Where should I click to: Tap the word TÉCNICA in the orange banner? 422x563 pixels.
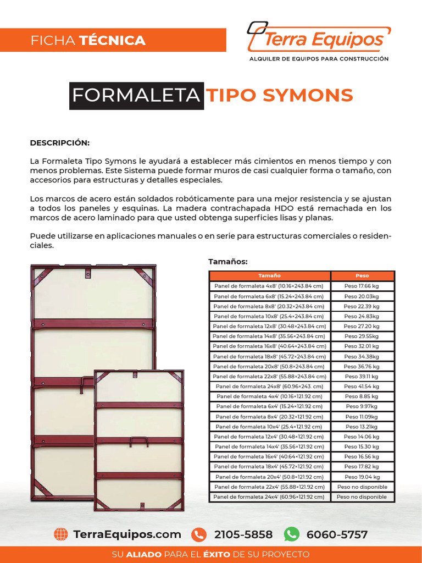pyautogui.click(x=113, y=40)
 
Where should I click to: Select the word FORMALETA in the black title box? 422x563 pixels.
pyautogui.click(x=136, y=96)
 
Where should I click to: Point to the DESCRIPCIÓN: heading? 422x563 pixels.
pyautogui.click(x=59, y=143)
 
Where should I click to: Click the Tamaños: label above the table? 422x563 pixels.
pyautogui.click(x=228, y=261)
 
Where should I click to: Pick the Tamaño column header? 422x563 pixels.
pyautogui.click(x=269, y=275)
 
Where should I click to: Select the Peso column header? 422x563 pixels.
pyautogui.click(x=362, y=275)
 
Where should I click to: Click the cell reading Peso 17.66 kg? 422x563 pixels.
pyautogui.click(x=362, y=286)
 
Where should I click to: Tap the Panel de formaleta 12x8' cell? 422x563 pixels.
pyautogui.click(x=269, y=326)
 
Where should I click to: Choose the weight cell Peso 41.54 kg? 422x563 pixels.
pyautogui.click(x=362, y=387)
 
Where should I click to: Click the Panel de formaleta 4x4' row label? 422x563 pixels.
pyautogui.click(x=269, y=396)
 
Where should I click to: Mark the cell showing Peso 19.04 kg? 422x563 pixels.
pyautogui.click(x=362, y=477)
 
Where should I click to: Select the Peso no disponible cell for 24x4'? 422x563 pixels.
pyautogui.click(x=362, y=497)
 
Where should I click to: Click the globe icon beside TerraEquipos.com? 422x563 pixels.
pyautogui.click(x=61, y=534)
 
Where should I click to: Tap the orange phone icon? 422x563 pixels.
pyautogui.click(x=199, y=534)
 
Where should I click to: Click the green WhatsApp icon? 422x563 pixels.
pyautogui.click(x=291, y=534)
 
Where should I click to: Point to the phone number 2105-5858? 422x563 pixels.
pyautogui.click(x=243, y=534)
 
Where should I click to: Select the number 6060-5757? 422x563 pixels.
pyautogui.click(x=337, y=534)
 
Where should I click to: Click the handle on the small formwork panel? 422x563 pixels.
pyautogui.click(x=138, y=440)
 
